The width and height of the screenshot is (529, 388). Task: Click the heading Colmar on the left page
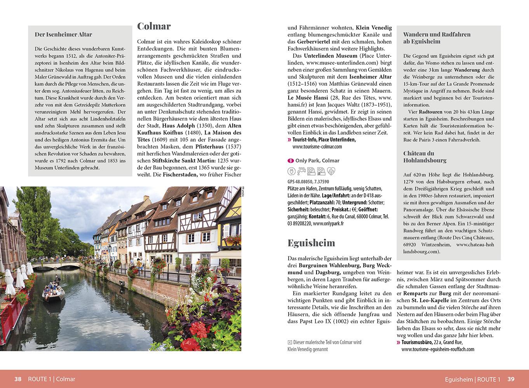154,26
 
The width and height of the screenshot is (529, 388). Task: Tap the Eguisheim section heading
311,243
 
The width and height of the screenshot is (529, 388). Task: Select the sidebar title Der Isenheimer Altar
63,35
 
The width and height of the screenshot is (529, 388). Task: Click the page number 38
18,379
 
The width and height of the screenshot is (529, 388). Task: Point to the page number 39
511,379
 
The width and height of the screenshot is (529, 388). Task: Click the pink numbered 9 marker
291,161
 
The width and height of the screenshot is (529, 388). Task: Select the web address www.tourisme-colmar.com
317,147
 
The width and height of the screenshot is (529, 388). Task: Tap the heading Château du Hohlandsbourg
425,157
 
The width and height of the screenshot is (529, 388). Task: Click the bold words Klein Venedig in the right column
374,28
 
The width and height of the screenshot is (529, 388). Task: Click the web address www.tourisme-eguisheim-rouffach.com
438,349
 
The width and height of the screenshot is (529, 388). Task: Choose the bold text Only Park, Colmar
317,161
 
